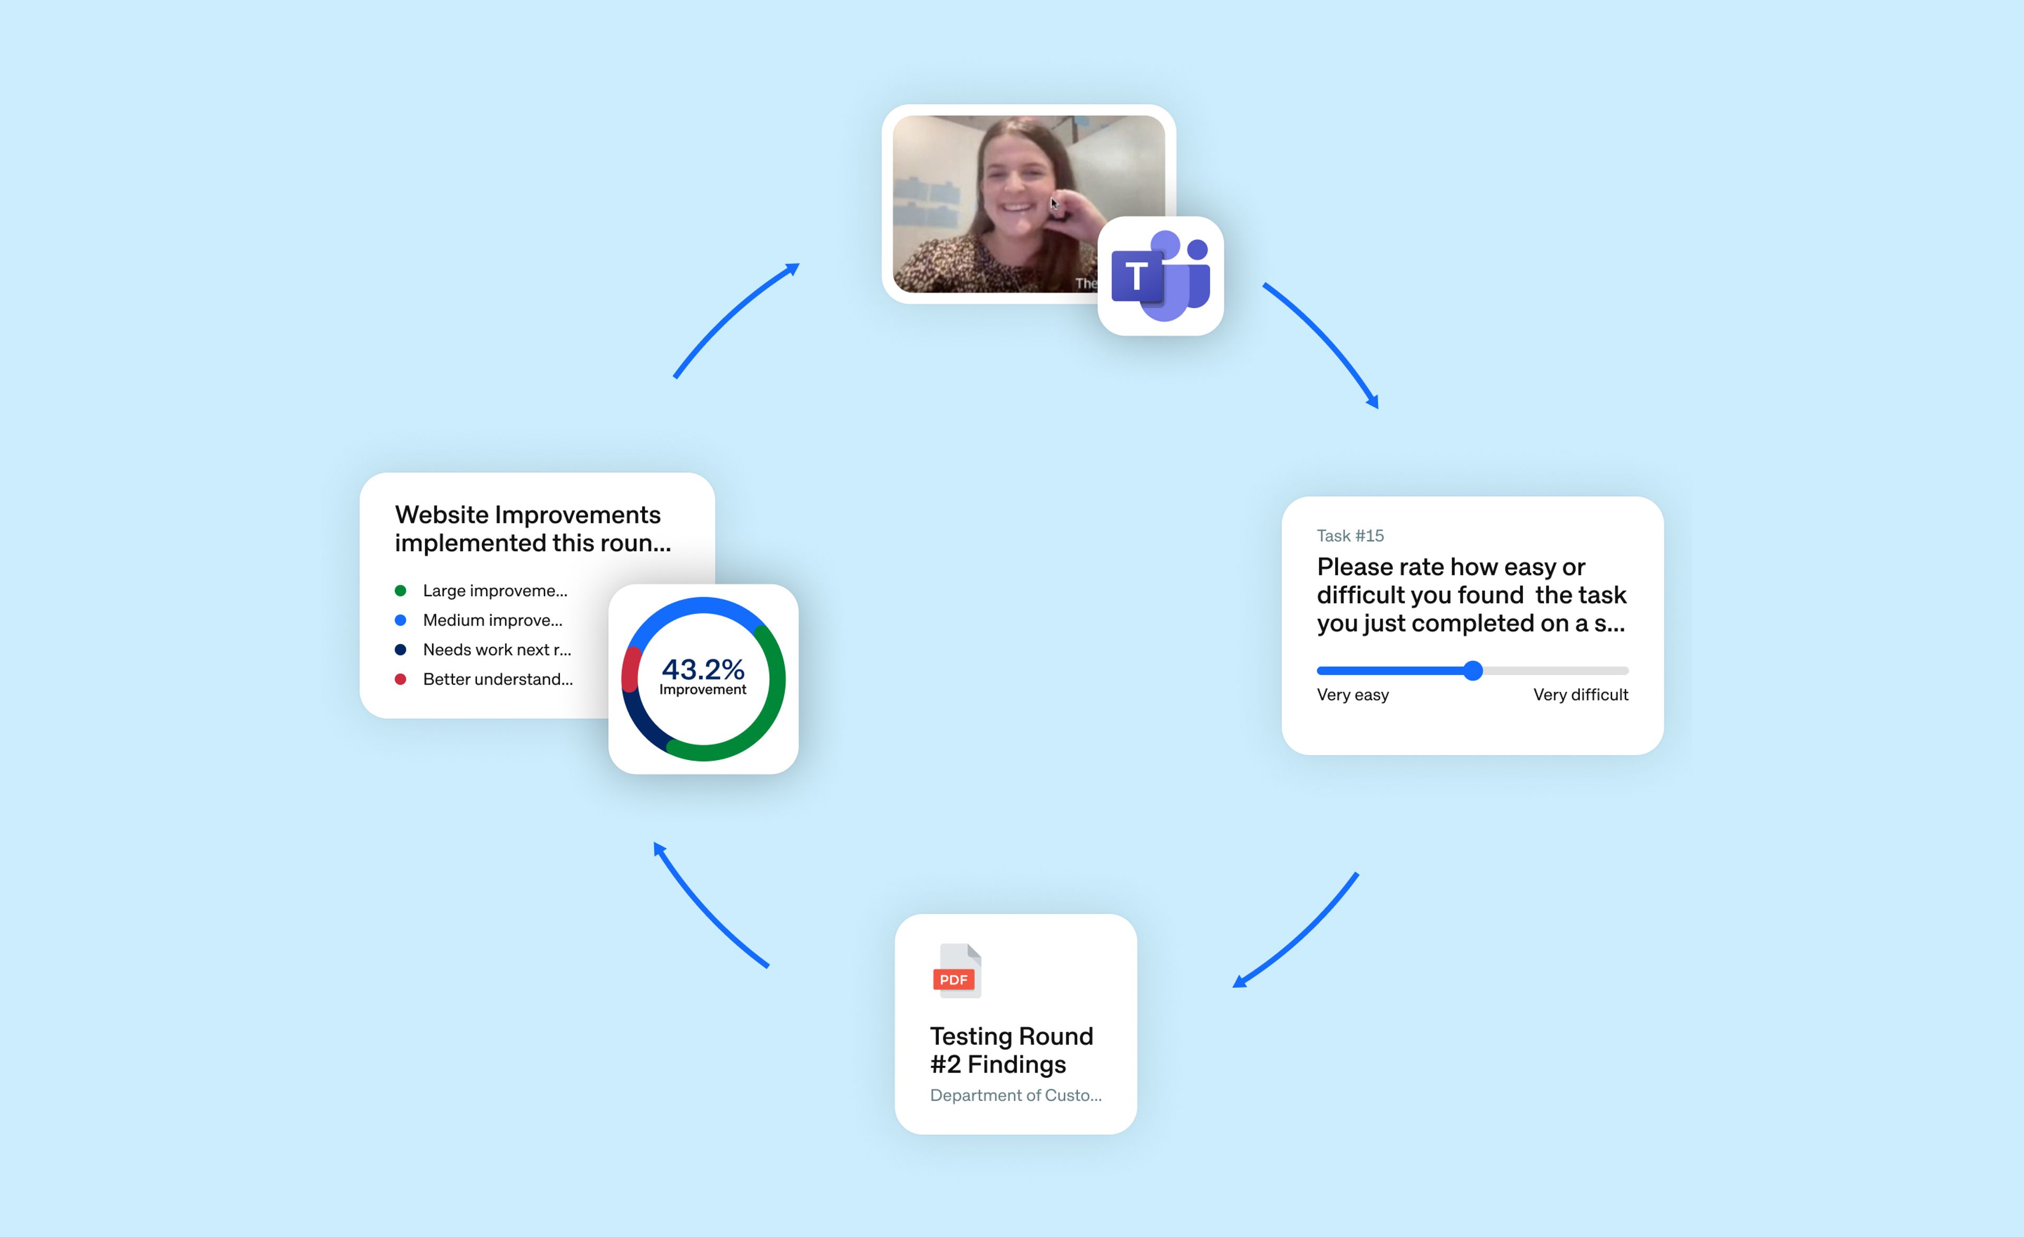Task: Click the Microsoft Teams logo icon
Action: [1160, 276]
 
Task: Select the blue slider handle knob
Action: [1473, 671]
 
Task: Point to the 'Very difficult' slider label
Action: [1580, 695]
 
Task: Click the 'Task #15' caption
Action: [1350, 535]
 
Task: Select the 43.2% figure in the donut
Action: [703, 669]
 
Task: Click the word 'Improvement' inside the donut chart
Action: [703, 690]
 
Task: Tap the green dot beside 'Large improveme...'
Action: [401, 591]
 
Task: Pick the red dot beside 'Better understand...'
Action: [401, 679]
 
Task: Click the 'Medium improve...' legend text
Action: [493, 620]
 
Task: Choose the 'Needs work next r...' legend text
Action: [497, 650]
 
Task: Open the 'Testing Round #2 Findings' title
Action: [1011, 1050]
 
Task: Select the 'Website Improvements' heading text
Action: [528, 515]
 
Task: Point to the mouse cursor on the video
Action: [1054, 203]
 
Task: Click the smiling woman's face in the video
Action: [1016, 181]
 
